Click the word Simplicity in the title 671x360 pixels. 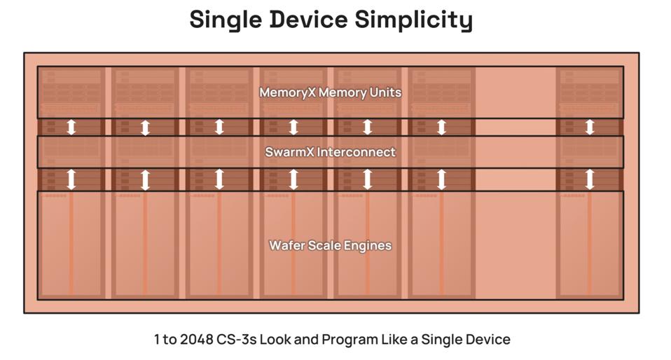[414, 20]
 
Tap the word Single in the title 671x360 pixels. [226, 20]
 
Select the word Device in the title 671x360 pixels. [308, 20]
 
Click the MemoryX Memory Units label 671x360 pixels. [331, 92]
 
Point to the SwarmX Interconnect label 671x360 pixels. [331, 152]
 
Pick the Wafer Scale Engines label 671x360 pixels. [331, 246]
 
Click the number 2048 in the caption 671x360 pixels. [196, 340]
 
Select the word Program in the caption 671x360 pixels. [350, 340]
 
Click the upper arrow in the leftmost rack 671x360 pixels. [71, 127]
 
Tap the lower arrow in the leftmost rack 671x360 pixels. [71, 179]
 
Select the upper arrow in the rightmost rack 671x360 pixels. [590, 127]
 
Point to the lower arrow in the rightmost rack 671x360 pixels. [590, 179]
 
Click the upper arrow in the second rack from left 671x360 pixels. [146, 128]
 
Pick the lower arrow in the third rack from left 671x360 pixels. [219, 179]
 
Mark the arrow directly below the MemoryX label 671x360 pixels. [293, 127]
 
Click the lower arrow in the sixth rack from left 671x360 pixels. [442, 179]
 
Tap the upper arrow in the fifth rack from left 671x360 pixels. [368, 127]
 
